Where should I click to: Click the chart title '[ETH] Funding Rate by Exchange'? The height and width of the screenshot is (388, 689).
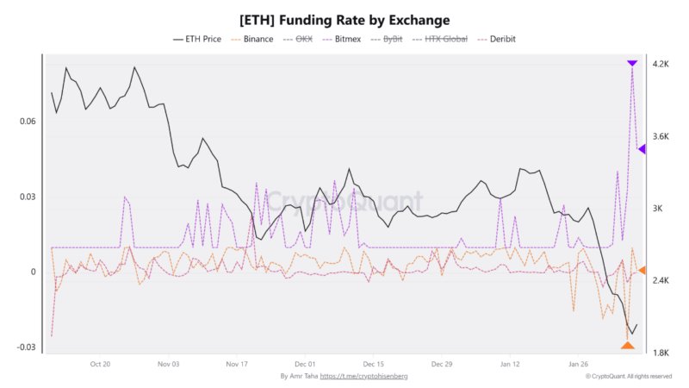[x=344, y=19]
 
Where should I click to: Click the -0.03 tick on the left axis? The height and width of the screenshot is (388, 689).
[x=25, y=347]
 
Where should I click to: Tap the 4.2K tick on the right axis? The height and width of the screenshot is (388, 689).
[x=661, y=65]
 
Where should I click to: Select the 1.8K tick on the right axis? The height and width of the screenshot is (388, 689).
[x=661, y=354]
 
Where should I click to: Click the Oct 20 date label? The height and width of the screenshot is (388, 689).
[x=100, y=364]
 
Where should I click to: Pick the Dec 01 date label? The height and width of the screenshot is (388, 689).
[x=306, y=364]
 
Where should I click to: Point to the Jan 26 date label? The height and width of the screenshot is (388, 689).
[x=579, y=364]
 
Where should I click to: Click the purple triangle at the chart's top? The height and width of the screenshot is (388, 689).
[x=632, y=63]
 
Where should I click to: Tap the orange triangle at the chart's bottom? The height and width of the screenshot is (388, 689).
[x=628, y=346]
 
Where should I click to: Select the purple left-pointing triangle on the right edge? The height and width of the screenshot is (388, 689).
[x=642, y=149]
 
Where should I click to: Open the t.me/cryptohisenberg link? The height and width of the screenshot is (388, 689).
[x=363, y=377]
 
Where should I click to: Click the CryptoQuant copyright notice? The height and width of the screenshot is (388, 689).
[x=629, y=377]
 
